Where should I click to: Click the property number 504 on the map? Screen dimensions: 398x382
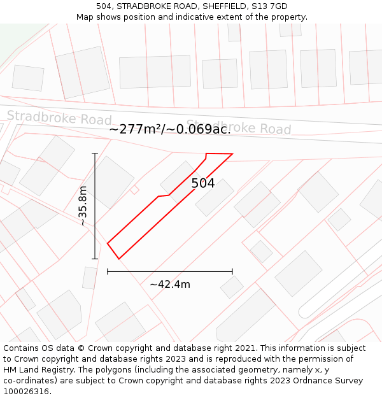pyautogui.click(x=203, y=183)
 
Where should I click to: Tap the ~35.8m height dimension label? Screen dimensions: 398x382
pyautogui.click(x=83, y=206)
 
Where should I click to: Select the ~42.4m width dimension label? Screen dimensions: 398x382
pyautogui.click(x=170, y=284)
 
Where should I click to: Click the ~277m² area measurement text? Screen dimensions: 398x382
pyautogui.click(x=134, y=129)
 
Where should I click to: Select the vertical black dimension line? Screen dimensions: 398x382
pyautogui.click(x=95, y=191)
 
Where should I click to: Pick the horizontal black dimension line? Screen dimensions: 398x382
pyautogui.click(x=170, y=271)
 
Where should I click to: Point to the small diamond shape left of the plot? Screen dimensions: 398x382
pyautogui.click(x=134, y=189)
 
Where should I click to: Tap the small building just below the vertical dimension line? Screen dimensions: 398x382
pyautogui.click(x=90, y=278)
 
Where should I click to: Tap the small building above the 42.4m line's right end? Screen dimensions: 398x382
pyautogui.click(x=232, y=287)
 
